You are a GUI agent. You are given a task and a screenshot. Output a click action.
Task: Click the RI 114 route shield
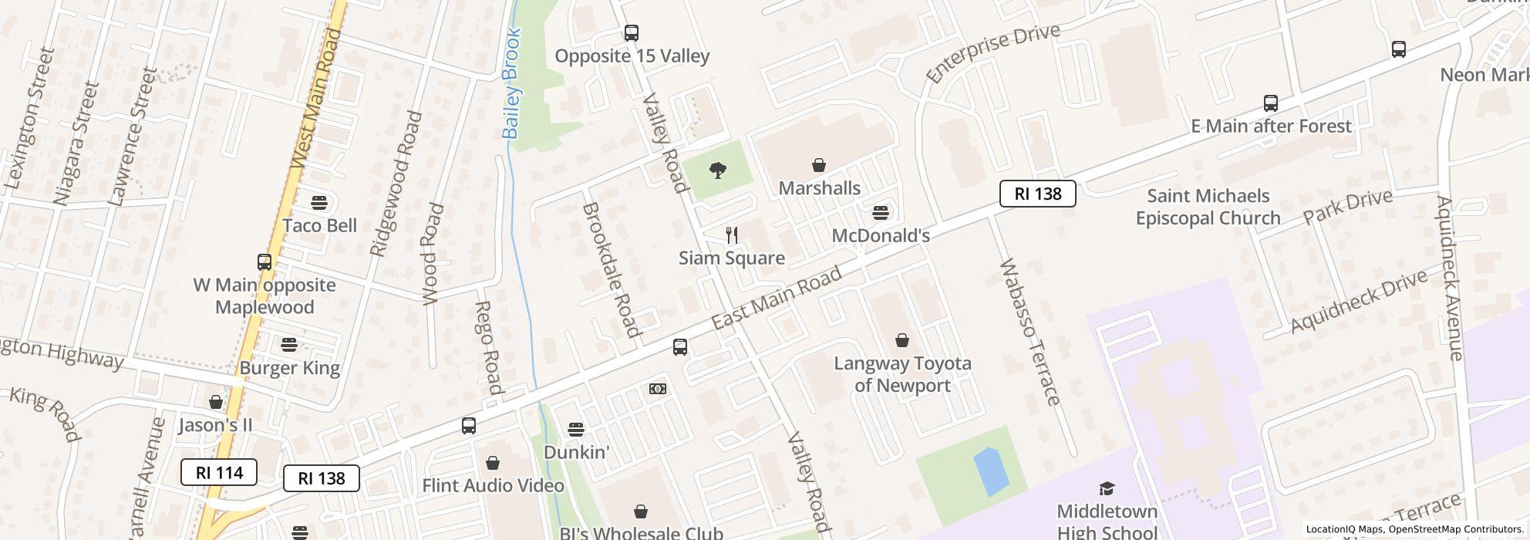[x=219, y=472]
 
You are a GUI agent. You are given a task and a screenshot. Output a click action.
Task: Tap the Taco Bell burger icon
[x=319, y=203]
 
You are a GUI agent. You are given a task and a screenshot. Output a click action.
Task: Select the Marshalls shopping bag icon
[x=818, y=165]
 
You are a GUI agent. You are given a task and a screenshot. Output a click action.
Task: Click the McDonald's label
[x=881, y=235]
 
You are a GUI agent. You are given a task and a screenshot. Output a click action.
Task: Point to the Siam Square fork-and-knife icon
[x=732, y=235]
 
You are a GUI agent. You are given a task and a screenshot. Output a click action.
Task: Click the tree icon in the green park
[x=718, y=170]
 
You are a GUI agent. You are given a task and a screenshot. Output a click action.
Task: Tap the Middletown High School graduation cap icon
[x=1107, y=488]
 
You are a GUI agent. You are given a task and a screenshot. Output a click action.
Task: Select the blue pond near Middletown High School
[x=991, y=470]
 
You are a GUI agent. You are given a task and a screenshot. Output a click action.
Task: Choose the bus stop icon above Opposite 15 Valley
[x=632, y=33]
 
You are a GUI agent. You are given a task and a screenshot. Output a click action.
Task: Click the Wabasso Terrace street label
[x=1030, y=332]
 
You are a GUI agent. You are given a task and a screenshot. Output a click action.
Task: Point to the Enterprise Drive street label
[x=993, y=52]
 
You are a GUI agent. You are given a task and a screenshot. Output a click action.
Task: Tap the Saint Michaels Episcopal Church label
[x=1208, y=207]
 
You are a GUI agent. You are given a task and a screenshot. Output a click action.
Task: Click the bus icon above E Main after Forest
[x=1270, y=103]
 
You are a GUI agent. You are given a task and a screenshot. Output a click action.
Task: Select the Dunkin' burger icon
[x=575, y=429]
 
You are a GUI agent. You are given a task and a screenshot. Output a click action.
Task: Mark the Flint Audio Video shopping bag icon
[x=492, y=463]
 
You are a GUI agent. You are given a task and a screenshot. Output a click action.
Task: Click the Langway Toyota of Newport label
[x=902, y=374]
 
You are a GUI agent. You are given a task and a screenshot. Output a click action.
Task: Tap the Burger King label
[x=289, y=367]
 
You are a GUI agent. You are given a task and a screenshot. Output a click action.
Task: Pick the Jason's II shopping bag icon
[x=216, y=402]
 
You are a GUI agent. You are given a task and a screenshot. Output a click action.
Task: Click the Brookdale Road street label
[x=612, y=269]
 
